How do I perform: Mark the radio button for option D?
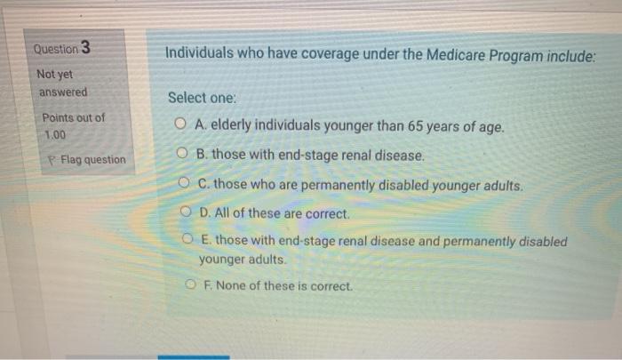pos(186,214)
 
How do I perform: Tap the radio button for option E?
pos(188,242)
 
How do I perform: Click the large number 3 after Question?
pos(85,47)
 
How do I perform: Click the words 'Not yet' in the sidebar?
pos(55,76)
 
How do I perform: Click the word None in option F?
pos(226,287)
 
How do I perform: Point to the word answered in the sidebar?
pos(62,92)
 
